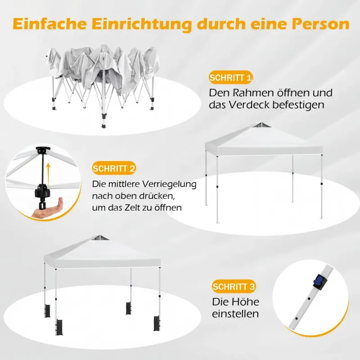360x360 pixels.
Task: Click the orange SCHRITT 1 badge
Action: point(230,77)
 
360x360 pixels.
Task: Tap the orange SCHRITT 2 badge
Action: point(114,168)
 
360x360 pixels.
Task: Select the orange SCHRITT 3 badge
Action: point(234,286)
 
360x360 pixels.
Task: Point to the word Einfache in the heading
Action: point(49,23)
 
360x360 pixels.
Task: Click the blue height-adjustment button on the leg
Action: point(317,280)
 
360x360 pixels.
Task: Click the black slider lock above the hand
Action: point(42,190)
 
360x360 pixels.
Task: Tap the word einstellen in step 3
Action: point(235,314)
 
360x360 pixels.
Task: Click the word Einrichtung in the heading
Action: point(142,24)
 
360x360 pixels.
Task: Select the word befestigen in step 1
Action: point(298,105)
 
